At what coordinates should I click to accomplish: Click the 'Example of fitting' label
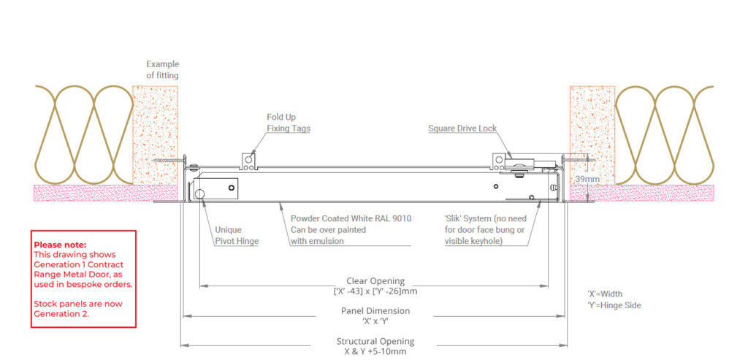162,69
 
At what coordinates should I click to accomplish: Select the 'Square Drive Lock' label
462,129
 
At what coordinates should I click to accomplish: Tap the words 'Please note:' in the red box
60,245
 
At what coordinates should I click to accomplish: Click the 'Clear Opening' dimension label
375,281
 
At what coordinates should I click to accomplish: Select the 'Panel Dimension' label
375,311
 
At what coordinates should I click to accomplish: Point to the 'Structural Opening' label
375,341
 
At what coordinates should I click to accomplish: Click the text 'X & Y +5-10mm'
375,351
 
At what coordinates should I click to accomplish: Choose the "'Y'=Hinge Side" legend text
614,305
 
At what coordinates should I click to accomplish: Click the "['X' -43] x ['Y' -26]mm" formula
375,291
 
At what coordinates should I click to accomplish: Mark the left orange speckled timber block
156,135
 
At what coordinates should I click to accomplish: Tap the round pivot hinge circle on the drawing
199,193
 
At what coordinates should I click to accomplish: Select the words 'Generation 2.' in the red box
61,313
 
